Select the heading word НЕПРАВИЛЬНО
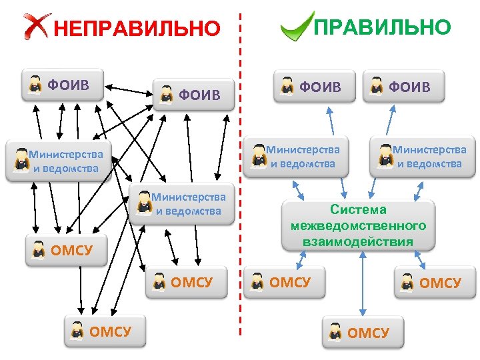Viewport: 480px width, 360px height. point(136,29)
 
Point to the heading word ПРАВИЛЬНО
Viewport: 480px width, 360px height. point(382,27)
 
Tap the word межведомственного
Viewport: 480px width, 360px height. point(358,226)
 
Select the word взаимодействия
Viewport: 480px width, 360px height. point(358,241)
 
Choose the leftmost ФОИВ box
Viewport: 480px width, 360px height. point(62,85)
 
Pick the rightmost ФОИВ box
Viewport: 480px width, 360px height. point(404,87)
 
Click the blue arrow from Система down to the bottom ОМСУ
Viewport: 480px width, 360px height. point(362,283)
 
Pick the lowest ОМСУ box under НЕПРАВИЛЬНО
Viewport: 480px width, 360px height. point(105,331)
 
